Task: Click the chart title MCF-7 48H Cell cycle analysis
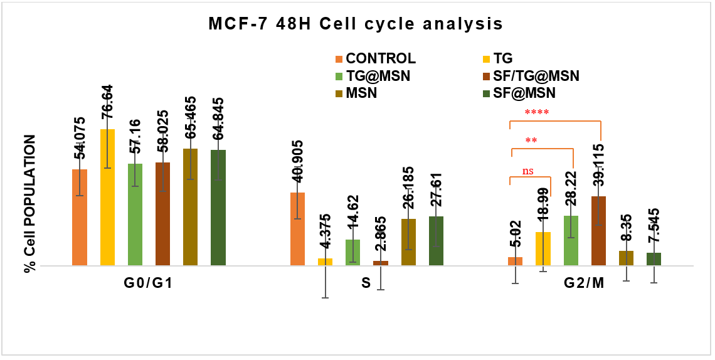356,24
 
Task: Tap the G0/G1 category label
148,283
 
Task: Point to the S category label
366,283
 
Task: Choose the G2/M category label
583,283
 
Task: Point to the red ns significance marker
529,170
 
